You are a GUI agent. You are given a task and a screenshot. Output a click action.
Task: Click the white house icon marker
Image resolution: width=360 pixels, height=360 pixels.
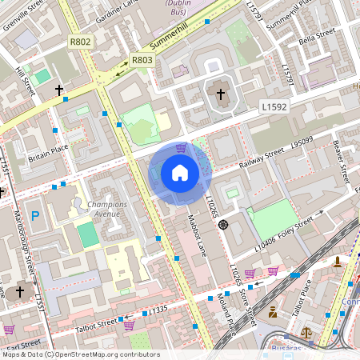pyautogui.click(x=180, y=173)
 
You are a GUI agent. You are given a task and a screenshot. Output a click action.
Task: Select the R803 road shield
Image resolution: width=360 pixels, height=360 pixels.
pyautogui.click(x=142, y=60)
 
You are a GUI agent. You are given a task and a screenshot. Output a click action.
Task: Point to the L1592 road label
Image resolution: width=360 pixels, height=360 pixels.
pyautogui.click(x=274, y=106)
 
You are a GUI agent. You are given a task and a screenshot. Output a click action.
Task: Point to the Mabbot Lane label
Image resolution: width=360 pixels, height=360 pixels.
pyautogui.click(x=197, y=234)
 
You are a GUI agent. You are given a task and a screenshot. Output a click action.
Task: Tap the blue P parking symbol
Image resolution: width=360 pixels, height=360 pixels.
pyautogui.click(x=35, y=215)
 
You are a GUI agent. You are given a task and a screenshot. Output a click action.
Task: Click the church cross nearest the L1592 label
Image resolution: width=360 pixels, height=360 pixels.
pyautogui.click(x=221, y=94)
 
